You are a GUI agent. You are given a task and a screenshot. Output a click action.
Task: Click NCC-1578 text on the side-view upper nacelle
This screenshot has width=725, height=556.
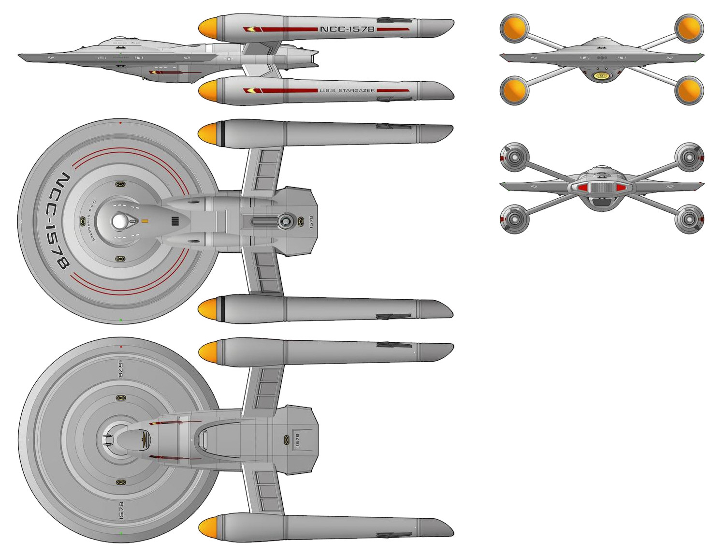pos(347,29)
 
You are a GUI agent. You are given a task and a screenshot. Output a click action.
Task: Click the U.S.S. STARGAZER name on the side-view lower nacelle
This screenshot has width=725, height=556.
pos(347,90)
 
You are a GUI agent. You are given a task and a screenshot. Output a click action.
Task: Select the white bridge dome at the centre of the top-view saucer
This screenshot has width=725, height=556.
pos(118,222)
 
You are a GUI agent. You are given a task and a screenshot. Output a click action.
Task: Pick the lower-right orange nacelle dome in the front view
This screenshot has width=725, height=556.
pos(689,90)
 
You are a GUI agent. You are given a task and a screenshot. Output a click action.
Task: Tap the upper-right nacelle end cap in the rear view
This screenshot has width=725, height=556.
pos(689,157)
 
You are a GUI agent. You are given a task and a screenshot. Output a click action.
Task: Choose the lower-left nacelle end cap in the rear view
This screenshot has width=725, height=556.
pos(514,219)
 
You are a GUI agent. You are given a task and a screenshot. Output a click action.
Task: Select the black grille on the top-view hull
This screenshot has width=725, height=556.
pos(175,222)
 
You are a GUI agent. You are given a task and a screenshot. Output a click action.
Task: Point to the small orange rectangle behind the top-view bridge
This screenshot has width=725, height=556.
pos(145,221)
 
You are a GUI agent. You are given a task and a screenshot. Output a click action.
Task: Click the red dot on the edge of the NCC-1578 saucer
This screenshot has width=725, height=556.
pos(120,123)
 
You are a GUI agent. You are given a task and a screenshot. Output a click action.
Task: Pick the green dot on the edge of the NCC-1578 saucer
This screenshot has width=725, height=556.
pos(120,320)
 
